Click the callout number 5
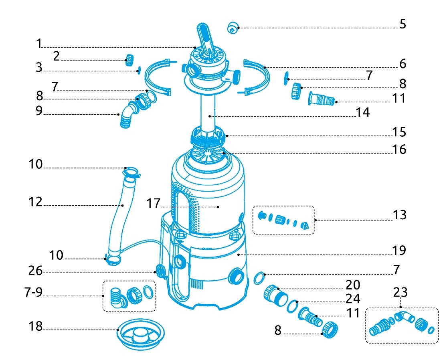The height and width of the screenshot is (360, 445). (x=402, y=24)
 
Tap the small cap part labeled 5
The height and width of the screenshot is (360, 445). (x=233, y=28)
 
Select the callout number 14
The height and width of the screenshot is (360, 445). (x=362, y=113)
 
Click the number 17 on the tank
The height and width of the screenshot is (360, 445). (x=153, y=204)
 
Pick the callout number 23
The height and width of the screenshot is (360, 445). (x=400, y=292)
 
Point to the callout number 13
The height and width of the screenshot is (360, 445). (x=399, y=215)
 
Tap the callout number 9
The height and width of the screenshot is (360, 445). (x=39, y=111)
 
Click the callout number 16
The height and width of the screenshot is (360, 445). (x=399, y=150)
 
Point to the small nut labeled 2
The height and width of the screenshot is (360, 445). (x=129, y=59)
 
